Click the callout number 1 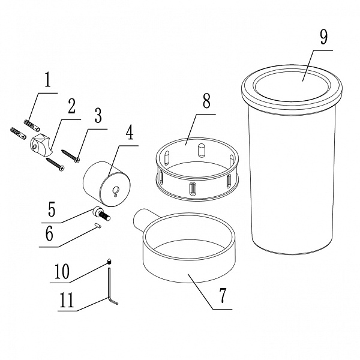pyautogui.click(x=47, y=80)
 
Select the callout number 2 pyautogui.click(x=71, y=106)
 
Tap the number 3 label pyautogui.click(x=98, y=115)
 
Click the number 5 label pyautogui.click(x=52, y=209)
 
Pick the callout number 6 pyautogui.click(x=49, y=233)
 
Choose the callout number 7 pyautogui.click(x=223, y=295)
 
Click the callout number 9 pyautogui.click(x=323, y=37)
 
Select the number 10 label pyautogui.click(x=62, y=271)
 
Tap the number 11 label pyautogui.click(x=67, y=299)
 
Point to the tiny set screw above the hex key pyautogui.click(x=109, y=262)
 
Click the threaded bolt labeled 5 pyautogui.click(x=102, y=213)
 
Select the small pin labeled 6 pyautogui.click(x=97, y=226)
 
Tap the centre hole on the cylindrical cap pyautogui.click(x=115, y=190)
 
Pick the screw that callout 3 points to pyautogui.click(x=70, y=156)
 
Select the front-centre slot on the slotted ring pyautogui.click(x=193, y=189)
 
